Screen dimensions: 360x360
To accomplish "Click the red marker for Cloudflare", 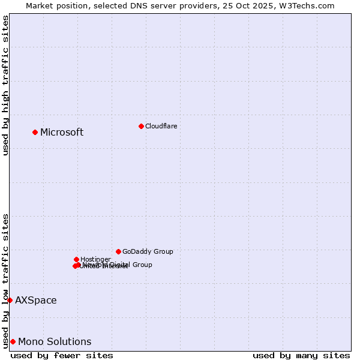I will point(141,126).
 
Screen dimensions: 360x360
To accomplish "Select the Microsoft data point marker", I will point(35,132).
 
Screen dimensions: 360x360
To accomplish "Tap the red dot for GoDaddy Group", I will point(118,251).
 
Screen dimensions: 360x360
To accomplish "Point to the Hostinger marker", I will point(76,259).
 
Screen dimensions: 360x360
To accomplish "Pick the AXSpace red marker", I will point(10,300).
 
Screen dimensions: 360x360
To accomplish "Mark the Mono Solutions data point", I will point(13,341).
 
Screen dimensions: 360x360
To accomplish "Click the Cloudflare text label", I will point(161,126).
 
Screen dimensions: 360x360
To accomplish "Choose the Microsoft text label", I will point(62,132).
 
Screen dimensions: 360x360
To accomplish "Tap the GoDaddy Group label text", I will point(148,251).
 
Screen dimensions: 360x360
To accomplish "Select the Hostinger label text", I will point(95,259).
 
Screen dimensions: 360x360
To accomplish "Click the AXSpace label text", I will point(36,300).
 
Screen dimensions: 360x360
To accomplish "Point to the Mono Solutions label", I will point(55,341).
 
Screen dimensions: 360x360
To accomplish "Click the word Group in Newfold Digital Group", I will point(142,265).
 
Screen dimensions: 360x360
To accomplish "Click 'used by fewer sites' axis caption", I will point(62,355).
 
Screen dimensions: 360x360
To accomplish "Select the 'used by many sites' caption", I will point(301,355).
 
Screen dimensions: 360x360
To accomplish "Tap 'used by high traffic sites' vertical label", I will point(5,85).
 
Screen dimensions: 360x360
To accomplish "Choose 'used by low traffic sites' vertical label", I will point(5,280).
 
